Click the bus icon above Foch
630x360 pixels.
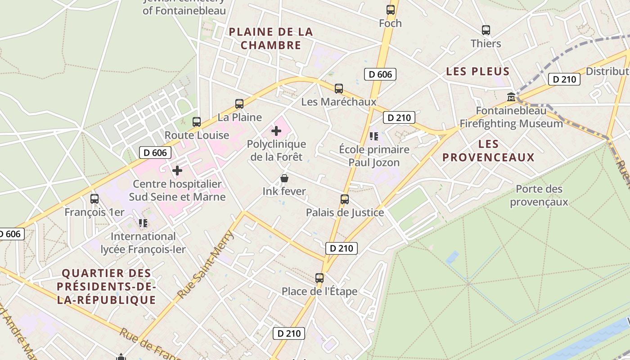390,9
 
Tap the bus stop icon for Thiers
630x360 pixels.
486,30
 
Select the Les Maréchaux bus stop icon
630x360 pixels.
338,89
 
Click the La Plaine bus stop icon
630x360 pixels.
239,104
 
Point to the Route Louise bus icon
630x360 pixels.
196,121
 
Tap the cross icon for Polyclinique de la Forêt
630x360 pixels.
276,131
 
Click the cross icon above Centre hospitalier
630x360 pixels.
177,171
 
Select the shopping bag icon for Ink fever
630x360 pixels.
284,178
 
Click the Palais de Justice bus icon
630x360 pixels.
344,199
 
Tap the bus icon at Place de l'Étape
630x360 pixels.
319,278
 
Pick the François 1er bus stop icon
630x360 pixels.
94,198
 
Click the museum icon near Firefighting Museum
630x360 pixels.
511,97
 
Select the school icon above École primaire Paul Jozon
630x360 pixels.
373,136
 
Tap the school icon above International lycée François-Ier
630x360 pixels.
143,223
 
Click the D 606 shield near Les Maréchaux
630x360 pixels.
380,74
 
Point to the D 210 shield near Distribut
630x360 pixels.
564,80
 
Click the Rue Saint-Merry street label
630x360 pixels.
206,265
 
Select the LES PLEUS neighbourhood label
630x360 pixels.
477,71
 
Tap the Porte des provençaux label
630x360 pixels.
539,195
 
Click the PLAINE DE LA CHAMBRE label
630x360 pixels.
270,38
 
